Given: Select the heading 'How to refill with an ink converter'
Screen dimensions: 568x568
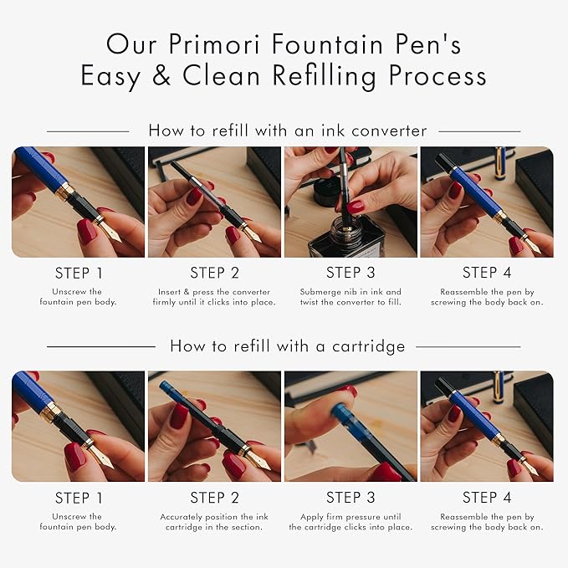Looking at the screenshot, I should click(x=287, y=130).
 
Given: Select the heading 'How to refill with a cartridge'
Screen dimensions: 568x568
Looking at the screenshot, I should click(x=287, y=345).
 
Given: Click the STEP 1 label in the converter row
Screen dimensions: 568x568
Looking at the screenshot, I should click(x=79, y=273).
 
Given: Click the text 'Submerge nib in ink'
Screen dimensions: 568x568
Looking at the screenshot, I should click(x=343, y=292).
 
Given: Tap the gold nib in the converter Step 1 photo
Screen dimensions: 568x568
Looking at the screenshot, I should click(x=109, y=232).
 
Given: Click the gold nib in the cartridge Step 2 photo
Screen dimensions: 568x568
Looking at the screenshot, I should click(x=261, y=461).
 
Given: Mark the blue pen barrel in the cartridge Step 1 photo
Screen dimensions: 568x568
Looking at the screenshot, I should click(x=38, y=393).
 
